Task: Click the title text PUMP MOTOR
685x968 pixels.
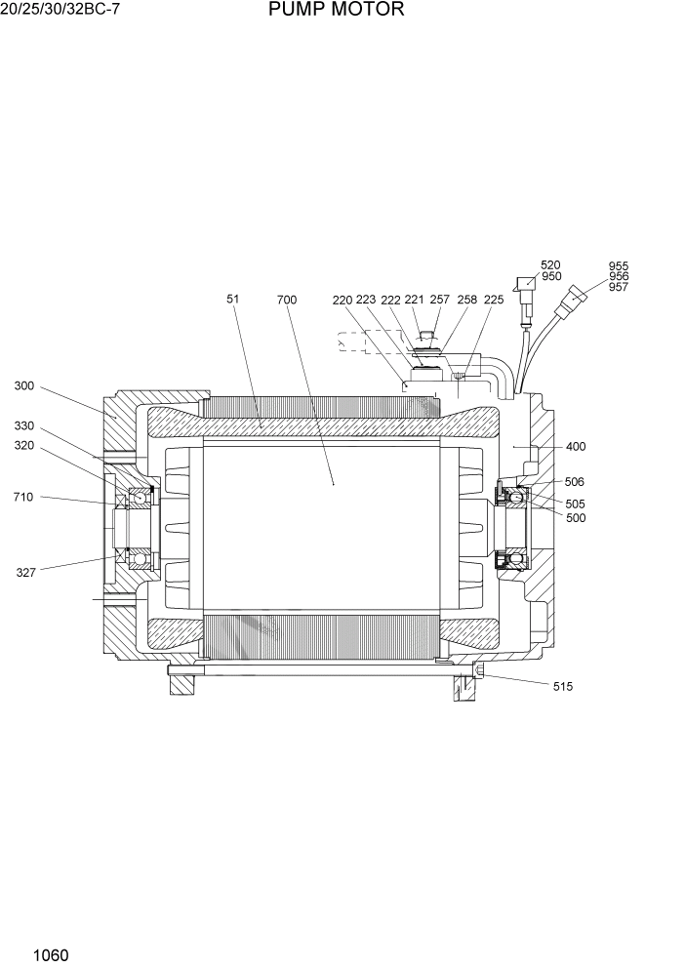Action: [335, 11]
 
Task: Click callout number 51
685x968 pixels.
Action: [233, 300]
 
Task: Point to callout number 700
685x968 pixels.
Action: [287, 300]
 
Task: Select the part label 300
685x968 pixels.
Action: [23, 386]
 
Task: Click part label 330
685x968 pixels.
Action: [23, 426]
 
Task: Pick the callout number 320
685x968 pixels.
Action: [23, 445]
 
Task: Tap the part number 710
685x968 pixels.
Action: [23, 497]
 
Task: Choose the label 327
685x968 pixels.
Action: [26, 573]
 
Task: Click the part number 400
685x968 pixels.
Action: [576, 447]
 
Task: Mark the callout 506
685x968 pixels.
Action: [575, 482]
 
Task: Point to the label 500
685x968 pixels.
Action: [576, 518]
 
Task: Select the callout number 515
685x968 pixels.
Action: [563, 687]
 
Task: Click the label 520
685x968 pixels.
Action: [551, 265]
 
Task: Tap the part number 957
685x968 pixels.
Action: [619, 287]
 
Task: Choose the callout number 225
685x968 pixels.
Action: [494, 300]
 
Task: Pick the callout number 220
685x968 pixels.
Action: [342, 301]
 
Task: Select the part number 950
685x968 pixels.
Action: [551, 277]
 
